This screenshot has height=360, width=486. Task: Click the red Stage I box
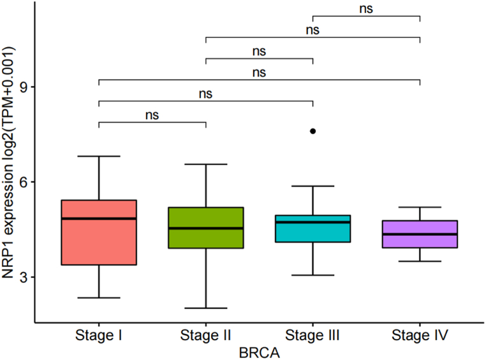(x=99, y=242)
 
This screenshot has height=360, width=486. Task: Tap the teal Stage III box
(x=313, y=232)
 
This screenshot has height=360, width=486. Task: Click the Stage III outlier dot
(x=313, y=131)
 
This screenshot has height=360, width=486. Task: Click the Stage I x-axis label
(x=99, y=335)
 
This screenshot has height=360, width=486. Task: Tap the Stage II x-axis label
(x=206, y=335)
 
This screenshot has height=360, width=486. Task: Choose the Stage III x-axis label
(x=313, y=335)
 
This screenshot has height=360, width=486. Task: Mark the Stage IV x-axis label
(x=420, y=335)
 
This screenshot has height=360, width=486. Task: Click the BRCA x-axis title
(x=259, y=350)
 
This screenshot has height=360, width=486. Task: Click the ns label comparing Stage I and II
(x=152, y=115)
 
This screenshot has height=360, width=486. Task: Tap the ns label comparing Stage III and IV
(x=366, y=9)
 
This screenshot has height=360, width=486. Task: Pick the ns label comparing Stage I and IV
(x=259, y=73)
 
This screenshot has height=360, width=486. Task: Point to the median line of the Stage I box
(x=99, y=219)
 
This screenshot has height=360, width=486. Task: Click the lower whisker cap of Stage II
(x=206, y=308)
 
